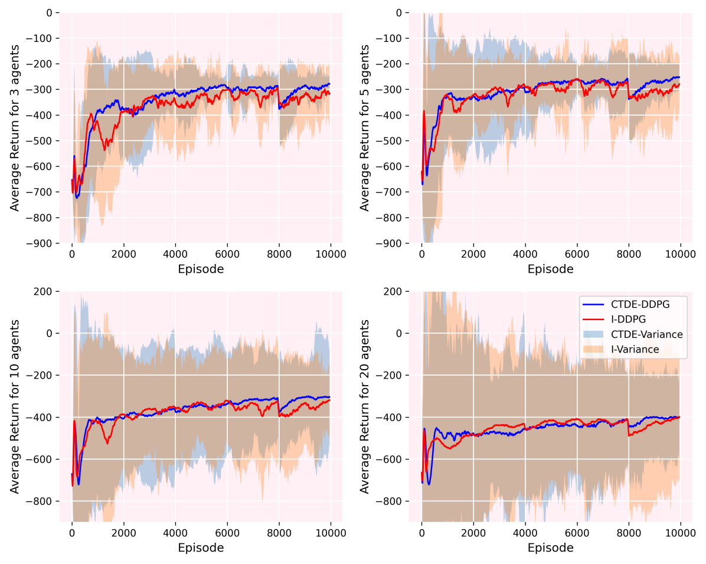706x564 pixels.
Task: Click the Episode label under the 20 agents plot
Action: click(x=550, y=547)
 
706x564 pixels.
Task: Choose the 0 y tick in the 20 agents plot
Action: click(x=400, y=333)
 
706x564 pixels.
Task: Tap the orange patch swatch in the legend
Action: click(x=592, y=350)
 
